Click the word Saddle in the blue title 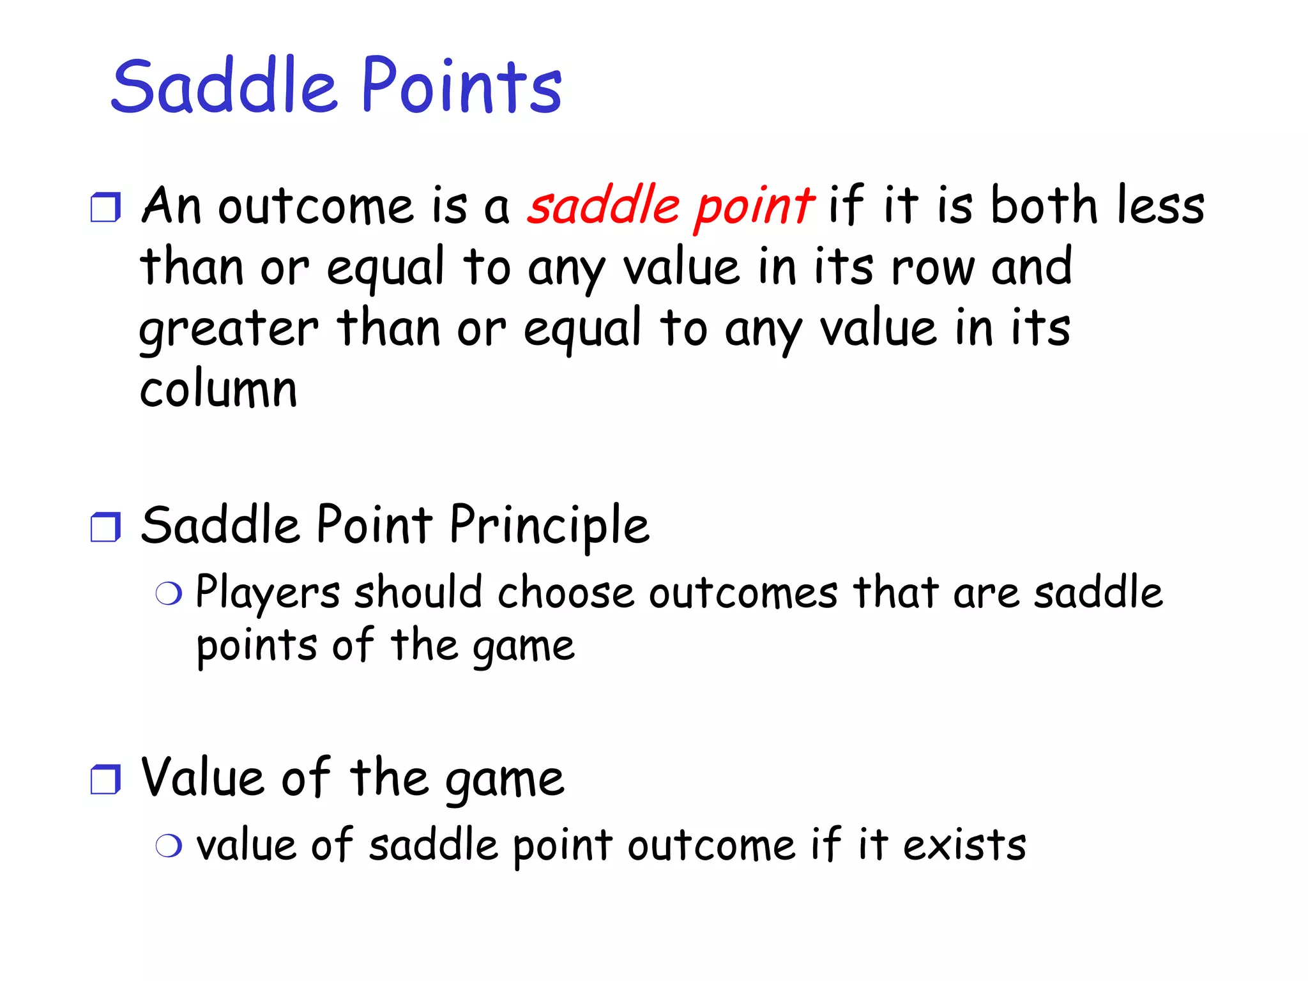(224, 86)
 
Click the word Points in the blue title (461, 86)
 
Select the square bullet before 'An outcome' (105, 208)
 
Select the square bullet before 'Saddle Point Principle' (105, 528)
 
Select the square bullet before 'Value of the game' (105, 780)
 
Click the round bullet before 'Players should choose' (169, 594)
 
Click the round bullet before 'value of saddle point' (169, 846)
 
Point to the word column (218, 389)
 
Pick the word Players (267, 593)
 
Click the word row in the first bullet (932, 268)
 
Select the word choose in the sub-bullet (566, 593)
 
